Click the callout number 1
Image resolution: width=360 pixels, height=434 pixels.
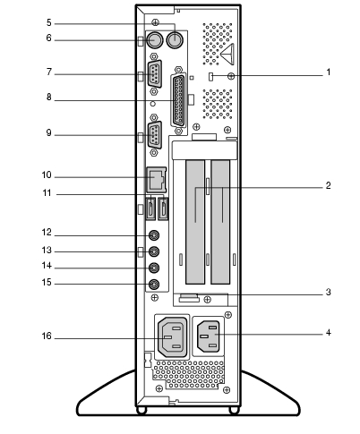[x=329, y=72]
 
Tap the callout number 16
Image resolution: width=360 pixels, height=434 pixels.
[x=47, y=336]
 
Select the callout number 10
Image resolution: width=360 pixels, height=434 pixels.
[x=47, y=175]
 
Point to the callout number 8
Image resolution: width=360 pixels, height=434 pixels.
[x=49, y=98]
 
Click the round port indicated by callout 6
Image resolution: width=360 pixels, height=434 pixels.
[x=155, y=40]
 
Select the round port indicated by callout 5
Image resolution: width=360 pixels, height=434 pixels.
[x=175, y=39]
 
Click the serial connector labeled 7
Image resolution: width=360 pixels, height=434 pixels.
[x=155, y=73]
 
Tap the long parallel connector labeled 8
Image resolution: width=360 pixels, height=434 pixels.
[x=178, y=100]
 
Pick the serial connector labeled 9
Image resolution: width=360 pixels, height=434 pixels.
[x=155, y=135]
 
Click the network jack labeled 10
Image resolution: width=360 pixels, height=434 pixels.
[x=156, y=180]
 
